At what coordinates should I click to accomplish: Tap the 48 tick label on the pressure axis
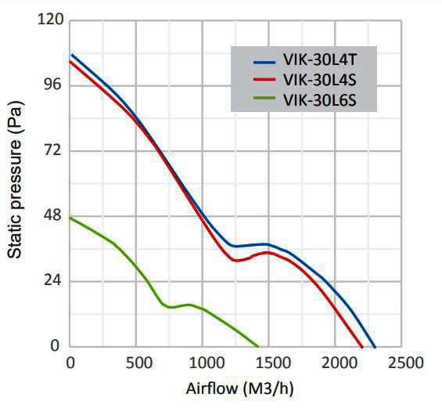point(52,215)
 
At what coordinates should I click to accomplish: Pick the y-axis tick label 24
point(52,280)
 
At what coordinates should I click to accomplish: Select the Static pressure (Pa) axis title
point(15,185)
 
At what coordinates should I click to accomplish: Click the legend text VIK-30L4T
point(321,61)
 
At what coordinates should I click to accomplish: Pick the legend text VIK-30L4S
point(321,80)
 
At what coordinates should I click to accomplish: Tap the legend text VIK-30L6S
point(321,99)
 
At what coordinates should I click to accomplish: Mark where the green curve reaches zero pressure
point(258,346)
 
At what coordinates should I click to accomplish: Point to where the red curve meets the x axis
point(362,346)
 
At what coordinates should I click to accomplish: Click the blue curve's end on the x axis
point(375,346)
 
